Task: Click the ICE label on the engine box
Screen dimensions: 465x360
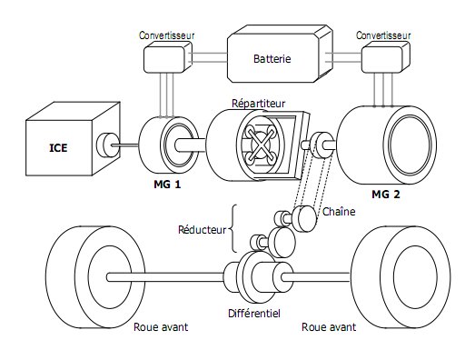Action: [x=58, y=148]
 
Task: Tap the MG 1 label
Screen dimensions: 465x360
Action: [x=167, y=185]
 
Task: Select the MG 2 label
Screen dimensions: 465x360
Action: [x=386, y=195]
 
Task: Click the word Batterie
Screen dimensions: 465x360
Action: [x=272, y=58]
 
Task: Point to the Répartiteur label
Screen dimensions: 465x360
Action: [x=258, y=104]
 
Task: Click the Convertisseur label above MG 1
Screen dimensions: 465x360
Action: [x=166, y=35]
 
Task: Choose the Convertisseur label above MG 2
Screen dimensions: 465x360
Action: [x=383, y=35]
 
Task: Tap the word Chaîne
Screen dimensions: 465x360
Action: [x=339, y=212]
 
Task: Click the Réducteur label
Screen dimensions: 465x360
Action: [x=202, y=230]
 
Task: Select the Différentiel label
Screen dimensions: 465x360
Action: [x=254, y=314]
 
